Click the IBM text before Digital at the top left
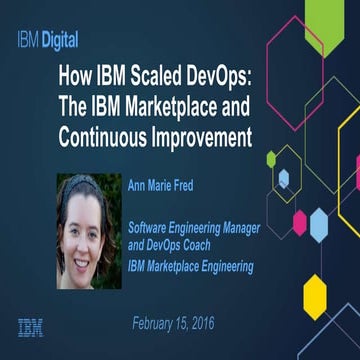click(25, 41)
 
